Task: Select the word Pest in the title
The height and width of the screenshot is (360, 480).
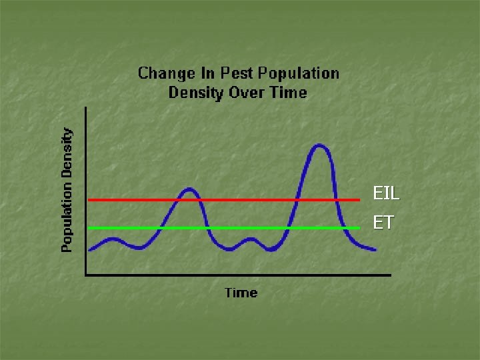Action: tap(231, 73)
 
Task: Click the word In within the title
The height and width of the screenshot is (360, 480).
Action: tap(203, 73)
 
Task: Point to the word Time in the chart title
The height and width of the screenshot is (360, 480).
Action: tap(288, 92)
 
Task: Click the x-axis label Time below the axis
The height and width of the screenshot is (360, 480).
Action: tap(241, 293)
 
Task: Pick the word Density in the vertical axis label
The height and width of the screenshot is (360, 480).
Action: tap(67, 154)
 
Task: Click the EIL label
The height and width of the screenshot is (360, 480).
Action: tap(386, 194)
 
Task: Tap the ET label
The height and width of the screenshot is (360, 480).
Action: tap(383, 223)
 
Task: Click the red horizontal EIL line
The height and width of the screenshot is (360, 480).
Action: tap(253, 199)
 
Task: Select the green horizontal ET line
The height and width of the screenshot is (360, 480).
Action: tap(253, 228)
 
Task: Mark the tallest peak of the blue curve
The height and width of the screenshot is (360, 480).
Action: tap(319, 145)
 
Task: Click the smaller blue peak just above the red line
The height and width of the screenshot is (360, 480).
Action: tap(190, 189)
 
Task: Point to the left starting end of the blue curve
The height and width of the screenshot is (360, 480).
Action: tap(90, 249)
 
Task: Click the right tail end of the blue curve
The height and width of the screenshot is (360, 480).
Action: tap(375, 250)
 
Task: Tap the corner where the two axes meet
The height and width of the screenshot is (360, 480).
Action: tap(86, 274)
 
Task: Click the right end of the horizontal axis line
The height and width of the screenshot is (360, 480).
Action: tap(390, 274)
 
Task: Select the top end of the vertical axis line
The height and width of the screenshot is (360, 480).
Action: tap(86, 108)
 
